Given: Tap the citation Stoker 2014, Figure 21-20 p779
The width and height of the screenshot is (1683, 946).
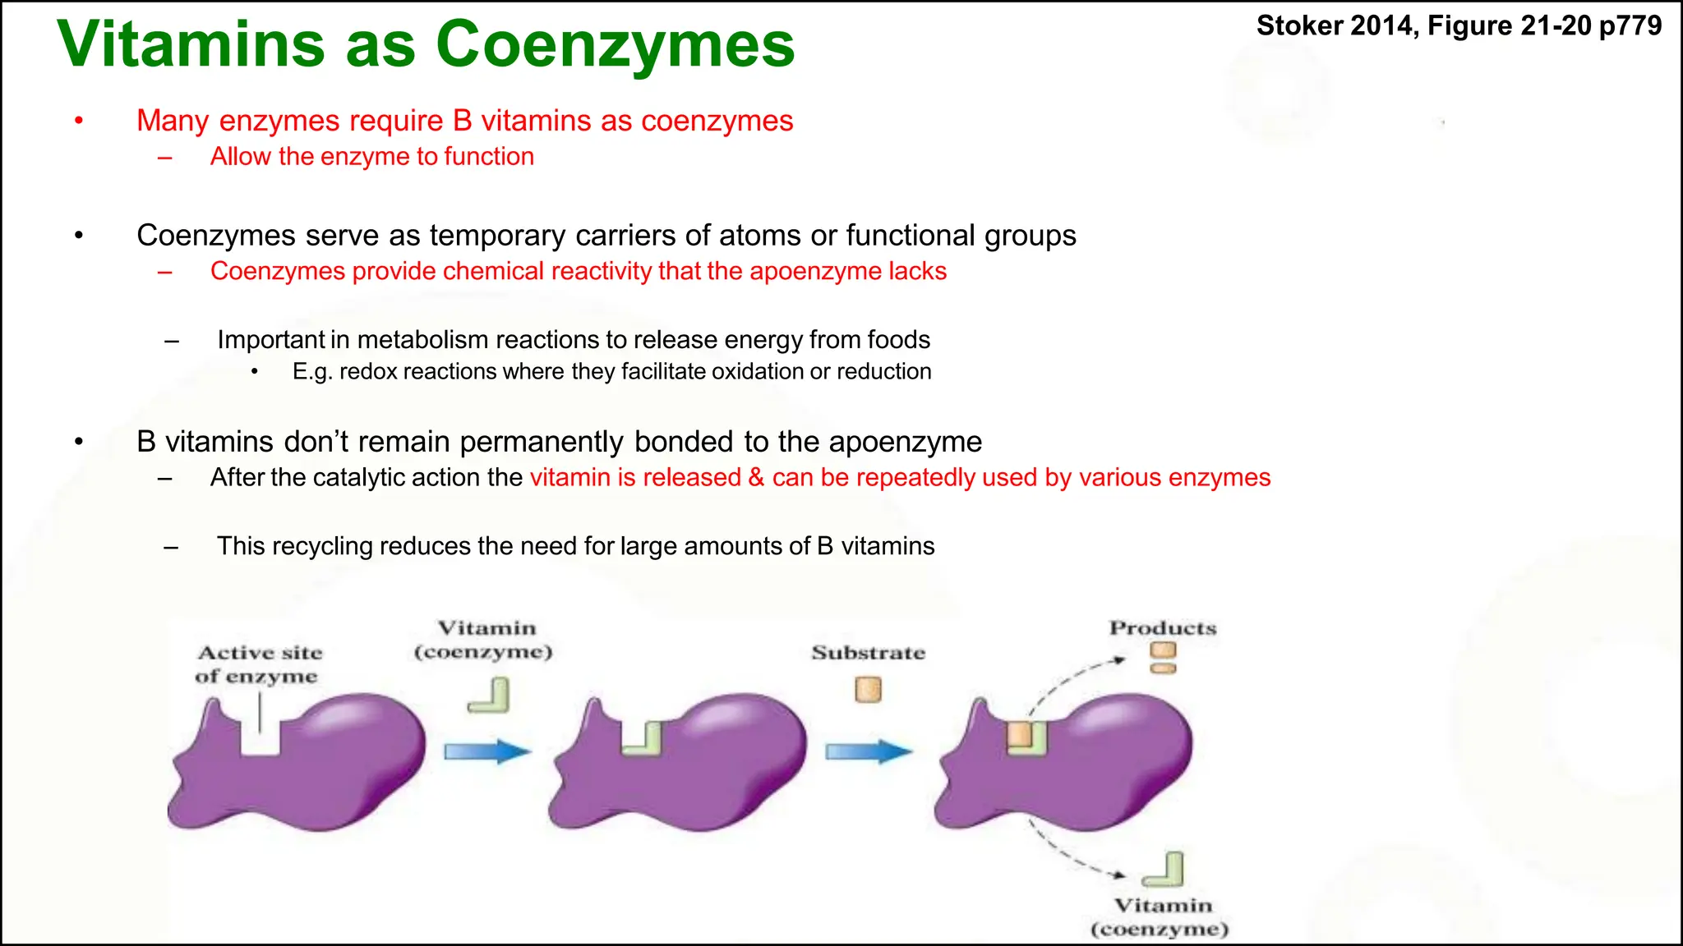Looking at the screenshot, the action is point(1459,25).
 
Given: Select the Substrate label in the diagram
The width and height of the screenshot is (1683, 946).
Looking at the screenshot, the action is point(868,653).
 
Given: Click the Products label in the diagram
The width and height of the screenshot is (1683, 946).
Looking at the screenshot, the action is point(1162,628).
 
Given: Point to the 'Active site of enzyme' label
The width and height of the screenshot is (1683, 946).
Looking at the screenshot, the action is point(259,664).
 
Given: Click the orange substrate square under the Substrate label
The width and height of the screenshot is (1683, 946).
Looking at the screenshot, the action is point(868,689).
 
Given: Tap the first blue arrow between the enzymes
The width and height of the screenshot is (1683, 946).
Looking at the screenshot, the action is point(487,751).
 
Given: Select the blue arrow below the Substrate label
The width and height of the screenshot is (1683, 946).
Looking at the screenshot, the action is point(869,751).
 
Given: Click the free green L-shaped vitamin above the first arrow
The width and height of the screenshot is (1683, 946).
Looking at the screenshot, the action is point(490,696).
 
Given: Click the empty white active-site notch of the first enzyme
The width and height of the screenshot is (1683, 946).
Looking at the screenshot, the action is point(260,739).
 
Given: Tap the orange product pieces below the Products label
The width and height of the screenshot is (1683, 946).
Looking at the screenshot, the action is point(1163,658).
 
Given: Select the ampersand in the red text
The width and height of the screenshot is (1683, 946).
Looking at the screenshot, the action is point(756,477).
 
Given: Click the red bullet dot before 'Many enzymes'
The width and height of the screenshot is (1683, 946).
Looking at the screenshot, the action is point(79,122).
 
